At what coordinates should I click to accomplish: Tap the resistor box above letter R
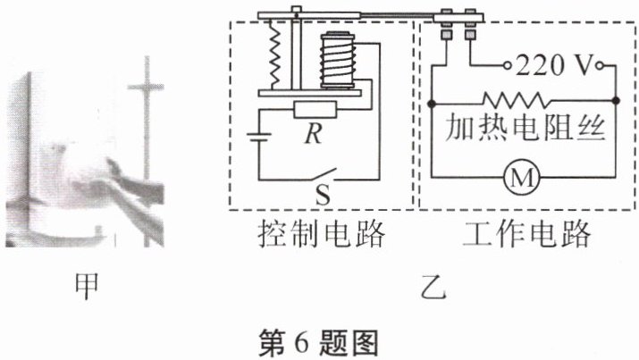tap(314, 110)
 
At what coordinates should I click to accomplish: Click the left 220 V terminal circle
tap(506, 66)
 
